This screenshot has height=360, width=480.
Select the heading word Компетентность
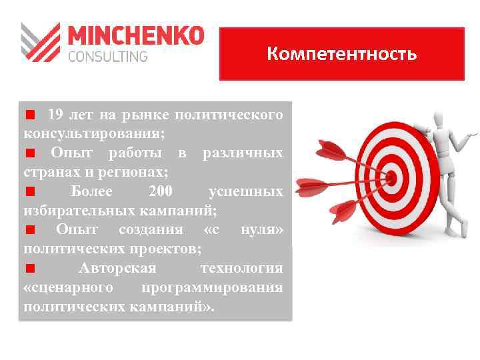coord(341,53)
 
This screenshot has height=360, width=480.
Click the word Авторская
coord(117,269)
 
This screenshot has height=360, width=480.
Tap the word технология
coord(241,269)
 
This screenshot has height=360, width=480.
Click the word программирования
coord(212,288)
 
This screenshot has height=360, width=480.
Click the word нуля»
coord(262,230)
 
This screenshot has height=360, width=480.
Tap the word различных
coord(243,153)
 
